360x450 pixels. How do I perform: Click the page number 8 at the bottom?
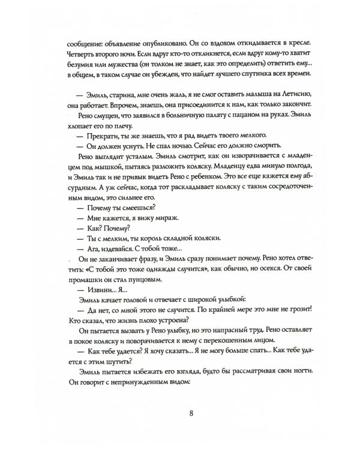coord(190,413)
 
